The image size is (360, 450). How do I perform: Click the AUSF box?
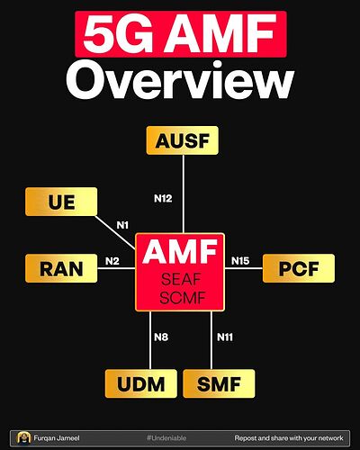[x=183, y=140]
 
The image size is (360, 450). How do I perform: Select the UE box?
[x=61, y=202]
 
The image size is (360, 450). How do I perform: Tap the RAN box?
[x=61, y=268]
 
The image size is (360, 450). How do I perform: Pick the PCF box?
[x=299, y=268]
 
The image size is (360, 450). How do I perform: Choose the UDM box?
[x=141, y=383]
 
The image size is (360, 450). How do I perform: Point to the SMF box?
[x=219, y=383]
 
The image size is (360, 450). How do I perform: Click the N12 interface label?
[x=163, y=198]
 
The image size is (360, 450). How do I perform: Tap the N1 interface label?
[x=122, y=225]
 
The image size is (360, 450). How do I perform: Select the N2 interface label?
[x=112, y=261]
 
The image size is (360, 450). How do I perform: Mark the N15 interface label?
[x=240, y=261]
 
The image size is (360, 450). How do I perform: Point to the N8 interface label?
[x=161, y=337]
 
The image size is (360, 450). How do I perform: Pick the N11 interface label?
[x=225, y=337]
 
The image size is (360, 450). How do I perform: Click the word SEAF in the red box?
[x=181, y=280]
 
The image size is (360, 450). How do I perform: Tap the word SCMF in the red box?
[x=183, y=298]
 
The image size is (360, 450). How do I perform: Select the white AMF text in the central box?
[x=180, y=252]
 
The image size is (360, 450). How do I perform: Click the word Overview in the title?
[x=180, y=80]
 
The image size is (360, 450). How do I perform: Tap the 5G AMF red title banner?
[x=181, y=34]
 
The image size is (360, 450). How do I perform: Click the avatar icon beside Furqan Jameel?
[x=24, y=438]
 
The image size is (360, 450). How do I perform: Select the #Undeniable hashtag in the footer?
[x=166, y=438]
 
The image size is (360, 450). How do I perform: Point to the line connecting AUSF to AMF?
[x=183, y=193]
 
